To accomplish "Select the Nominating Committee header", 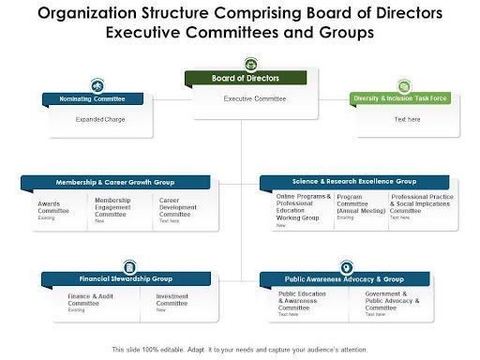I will [x=94, y=97].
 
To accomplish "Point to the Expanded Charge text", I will [x=100, y=120].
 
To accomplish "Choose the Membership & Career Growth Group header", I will [x=116, y=181].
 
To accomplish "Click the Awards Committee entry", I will [x=54, y=208].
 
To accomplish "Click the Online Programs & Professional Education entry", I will [x=303, y=207].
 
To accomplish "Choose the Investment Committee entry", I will [x=172, y=300].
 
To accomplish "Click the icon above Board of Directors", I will [x=250, y=65].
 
